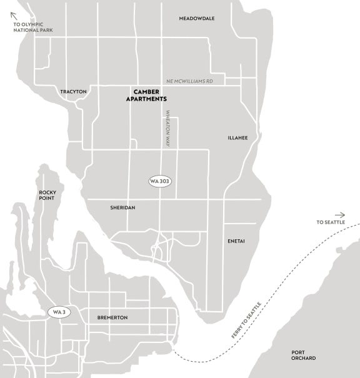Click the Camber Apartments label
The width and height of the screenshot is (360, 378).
(146, 95)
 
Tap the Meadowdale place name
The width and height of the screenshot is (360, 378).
(196, 19)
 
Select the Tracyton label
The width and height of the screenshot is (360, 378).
(73, 92)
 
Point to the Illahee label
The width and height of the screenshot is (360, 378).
(238, 137)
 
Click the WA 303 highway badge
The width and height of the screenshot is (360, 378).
(160, 181)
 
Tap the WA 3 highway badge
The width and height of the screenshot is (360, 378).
(59, 312)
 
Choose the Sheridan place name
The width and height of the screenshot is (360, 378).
(122, 207)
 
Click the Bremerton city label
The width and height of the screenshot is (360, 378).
(112, 317)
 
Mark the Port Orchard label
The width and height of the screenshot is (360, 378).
(303, 355)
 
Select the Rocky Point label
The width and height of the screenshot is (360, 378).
(47, 195)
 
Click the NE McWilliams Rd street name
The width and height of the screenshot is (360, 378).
(194, 81)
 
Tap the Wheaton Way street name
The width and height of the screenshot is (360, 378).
(167, 129)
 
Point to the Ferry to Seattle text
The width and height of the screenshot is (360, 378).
(246, 320)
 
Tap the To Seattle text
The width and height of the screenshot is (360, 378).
(331, 222)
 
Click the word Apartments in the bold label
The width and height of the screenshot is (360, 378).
(146, 99)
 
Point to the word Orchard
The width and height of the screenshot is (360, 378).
(303, 358)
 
